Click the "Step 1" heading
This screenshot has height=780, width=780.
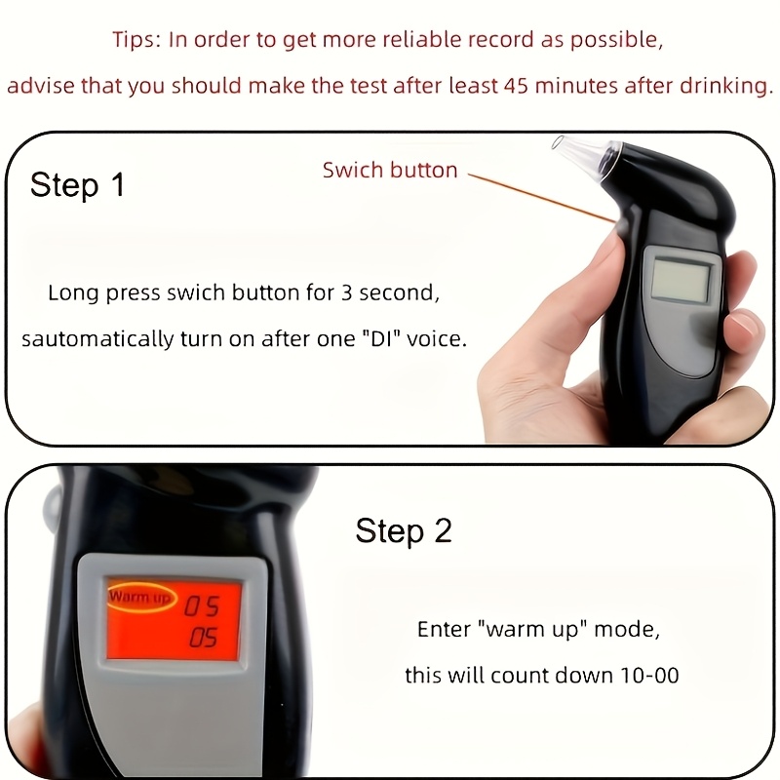click(78, 184)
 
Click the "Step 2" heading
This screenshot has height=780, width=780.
click(404, 531)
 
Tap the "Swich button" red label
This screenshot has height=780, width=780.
click(390, 171)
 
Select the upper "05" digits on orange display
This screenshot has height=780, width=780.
click(203, 607)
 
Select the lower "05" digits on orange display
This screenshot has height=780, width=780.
click(203, 640)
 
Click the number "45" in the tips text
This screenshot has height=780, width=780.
click(518, 86)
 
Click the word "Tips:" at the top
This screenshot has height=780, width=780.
click(137, 40)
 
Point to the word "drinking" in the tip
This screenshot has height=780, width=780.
click(721, 86)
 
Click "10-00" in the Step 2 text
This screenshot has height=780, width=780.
click(644, 676)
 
